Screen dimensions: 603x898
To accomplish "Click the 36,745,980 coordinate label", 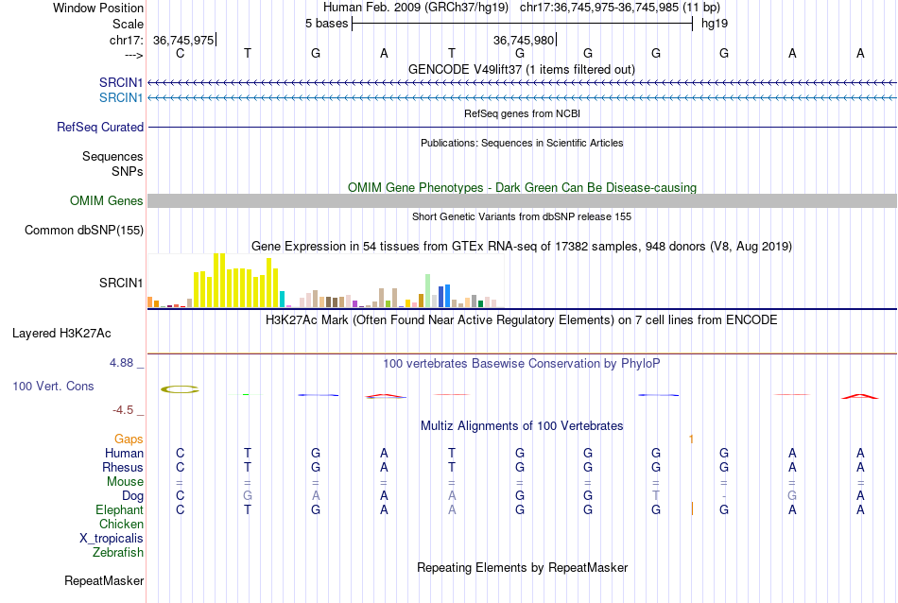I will tap(524, 41).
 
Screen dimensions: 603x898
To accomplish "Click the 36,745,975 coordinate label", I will tap(183, 41).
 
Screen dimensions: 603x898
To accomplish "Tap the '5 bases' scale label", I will tap(326, 24).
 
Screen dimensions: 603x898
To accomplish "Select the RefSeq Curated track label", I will tap(100, 127).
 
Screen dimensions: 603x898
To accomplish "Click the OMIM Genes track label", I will tap(107, 200).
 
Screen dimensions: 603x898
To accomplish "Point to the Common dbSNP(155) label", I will tap(84, 230).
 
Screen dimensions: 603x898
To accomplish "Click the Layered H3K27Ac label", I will tap(61, 333).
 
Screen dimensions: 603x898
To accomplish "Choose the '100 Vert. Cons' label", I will tap(54, 387).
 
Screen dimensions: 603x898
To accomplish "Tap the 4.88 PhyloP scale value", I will tap(124, 362).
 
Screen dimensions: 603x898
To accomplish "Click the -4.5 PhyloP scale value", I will tap(124, 410).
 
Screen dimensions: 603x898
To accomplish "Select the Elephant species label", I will tap(119, 509).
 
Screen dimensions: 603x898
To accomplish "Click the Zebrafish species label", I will tap(118, 552).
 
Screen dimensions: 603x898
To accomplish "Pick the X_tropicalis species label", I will tap(112, 538).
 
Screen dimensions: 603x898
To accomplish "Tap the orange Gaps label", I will tap(129, 439).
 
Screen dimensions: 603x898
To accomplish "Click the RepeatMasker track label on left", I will tap(104, 580).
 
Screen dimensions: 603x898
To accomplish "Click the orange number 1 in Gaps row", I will tap(691, 439).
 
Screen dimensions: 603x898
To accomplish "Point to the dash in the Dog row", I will tap(724, 495).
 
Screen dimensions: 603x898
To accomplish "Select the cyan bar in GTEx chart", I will tap(283, 299).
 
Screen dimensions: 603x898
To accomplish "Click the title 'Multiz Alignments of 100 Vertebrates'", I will tap(522, 425).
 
